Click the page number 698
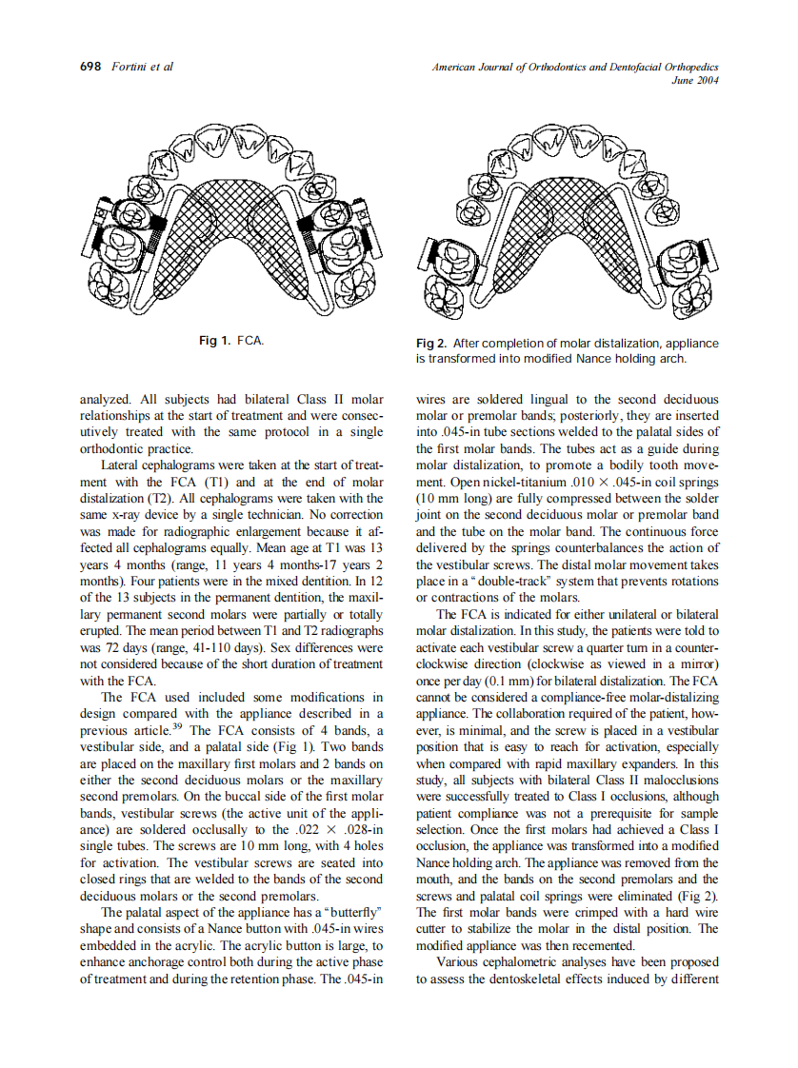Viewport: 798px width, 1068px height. pyautogui.click(x=89, y=68)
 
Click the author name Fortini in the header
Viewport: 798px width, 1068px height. pyautogui.click(x=130, y=68)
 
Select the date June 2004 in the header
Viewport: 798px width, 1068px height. pyautogui.click(x=694, y=81)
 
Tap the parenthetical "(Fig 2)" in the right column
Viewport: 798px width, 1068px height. pyautogui.click(x=699, y=896)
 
